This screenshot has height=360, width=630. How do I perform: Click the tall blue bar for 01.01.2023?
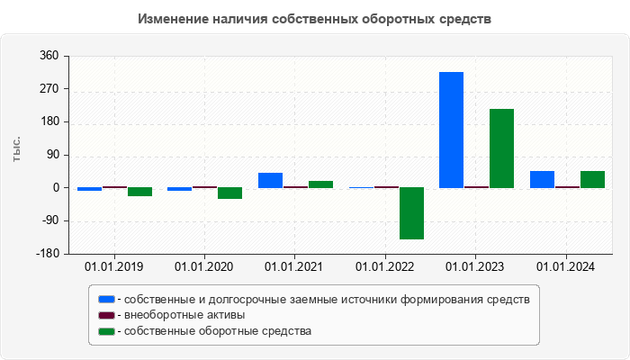(451, 130)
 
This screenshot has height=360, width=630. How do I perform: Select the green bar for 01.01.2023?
(501, 148)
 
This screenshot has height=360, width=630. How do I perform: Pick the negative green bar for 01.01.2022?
(411, 213)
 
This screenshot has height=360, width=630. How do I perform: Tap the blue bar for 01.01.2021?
(270, 180)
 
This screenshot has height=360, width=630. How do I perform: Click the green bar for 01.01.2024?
(592, 179)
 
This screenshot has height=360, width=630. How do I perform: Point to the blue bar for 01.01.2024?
(542, 179)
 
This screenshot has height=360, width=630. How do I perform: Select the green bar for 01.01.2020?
(229, 193)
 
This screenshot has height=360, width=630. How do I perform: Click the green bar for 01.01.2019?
(139, 192)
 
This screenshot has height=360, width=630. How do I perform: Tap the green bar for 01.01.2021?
(320, 184)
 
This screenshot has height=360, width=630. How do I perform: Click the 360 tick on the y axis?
(49, 56)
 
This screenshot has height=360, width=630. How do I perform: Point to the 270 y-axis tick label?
(49, 89)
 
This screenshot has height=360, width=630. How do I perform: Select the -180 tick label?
(47, 254)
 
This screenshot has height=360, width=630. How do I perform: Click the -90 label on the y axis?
(49, 220)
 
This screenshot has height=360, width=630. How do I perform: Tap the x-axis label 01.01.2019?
(113, 267)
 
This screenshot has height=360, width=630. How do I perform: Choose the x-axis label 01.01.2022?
(385, 267)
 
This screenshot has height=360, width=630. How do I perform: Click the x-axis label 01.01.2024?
(566, 267)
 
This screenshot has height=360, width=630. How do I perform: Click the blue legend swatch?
(106, 299)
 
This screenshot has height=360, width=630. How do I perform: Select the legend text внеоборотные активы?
(184, 315)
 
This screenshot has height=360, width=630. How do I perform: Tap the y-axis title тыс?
(17, 149)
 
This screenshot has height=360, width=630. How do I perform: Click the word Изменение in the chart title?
(173, 19)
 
